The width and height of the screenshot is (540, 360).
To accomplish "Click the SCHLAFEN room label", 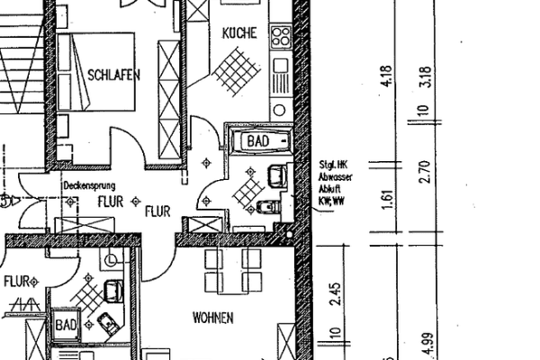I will pyautogui.click(x=113, y=76).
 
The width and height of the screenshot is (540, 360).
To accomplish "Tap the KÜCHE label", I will pyautogui.click(x=239, y=32).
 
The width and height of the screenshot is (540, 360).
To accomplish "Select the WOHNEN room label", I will pyautogui.click(x=213, y=318).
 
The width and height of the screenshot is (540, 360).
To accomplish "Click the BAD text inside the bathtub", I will pyautogui.click(x=259, y=141).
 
